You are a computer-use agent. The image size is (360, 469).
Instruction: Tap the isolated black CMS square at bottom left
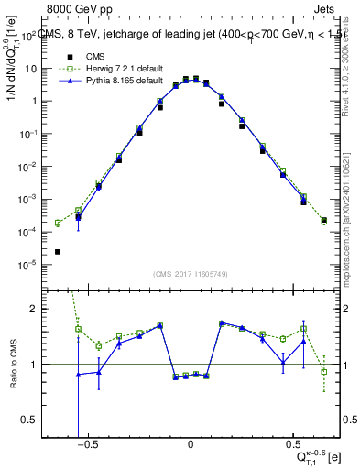pos(58,252)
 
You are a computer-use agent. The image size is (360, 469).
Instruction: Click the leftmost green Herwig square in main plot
pos(58,223)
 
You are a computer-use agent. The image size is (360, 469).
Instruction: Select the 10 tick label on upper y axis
pos(55,69)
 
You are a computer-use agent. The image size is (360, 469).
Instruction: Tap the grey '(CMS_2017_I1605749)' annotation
pos(190,275)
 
